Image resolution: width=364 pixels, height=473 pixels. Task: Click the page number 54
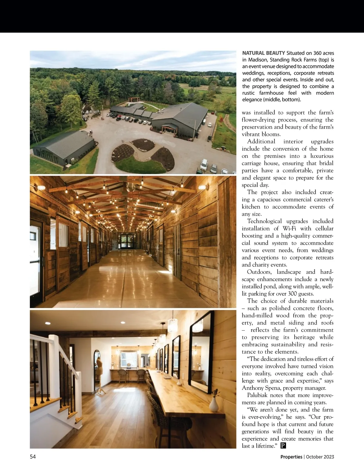[33, 457]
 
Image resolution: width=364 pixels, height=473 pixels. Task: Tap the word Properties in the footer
[291, 457]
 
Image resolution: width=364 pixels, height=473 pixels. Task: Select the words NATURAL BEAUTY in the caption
[263, 53]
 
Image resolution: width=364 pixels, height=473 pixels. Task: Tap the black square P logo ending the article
[283, 446]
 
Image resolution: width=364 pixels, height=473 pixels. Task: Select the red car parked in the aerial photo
[117, 119]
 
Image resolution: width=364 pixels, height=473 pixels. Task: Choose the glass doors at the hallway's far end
[127, 240]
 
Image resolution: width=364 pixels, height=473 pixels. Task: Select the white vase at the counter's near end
[214, 403]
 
